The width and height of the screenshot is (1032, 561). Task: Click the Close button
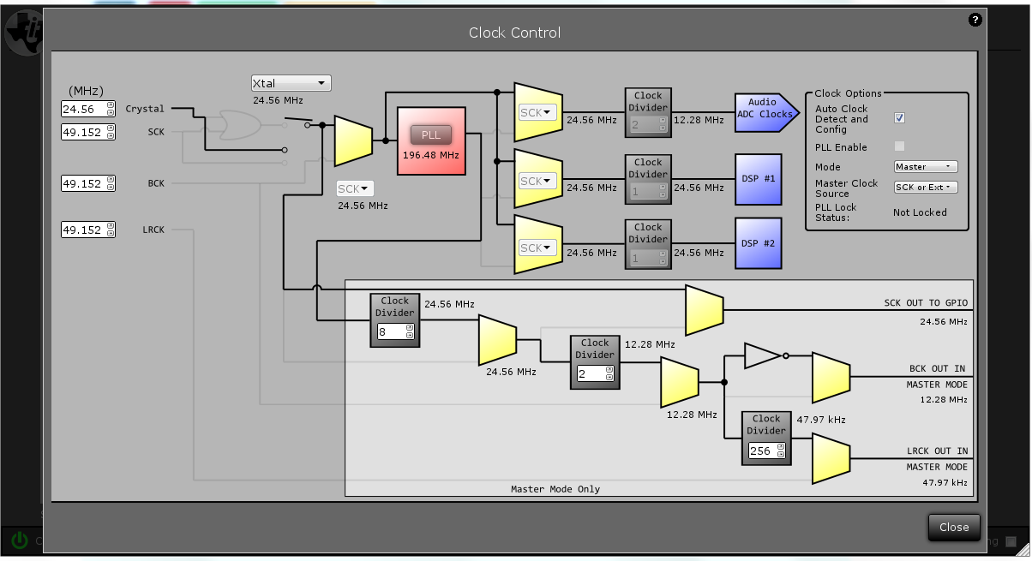953,527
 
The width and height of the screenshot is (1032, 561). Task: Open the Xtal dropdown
291,83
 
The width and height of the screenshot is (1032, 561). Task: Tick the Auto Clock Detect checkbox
899,118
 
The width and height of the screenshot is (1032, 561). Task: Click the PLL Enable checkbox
899,146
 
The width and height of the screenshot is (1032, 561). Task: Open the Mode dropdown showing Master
925,167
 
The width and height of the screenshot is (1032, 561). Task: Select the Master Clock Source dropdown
925,188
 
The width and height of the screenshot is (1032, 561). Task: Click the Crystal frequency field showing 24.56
83,109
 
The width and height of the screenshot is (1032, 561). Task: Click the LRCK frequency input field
83,230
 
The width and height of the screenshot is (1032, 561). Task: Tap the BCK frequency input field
83,183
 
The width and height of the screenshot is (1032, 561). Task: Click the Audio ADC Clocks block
764,113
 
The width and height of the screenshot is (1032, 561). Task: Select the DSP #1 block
758,179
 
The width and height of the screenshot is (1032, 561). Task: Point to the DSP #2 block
758,243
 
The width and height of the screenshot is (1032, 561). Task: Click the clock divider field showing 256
761,451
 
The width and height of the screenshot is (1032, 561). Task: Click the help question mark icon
975,20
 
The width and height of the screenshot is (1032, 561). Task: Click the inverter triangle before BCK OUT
763,355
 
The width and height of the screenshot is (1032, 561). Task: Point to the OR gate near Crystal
240,125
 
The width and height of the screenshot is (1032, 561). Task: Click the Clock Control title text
514,33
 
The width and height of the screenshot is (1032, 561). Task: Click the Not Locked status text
920,212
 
